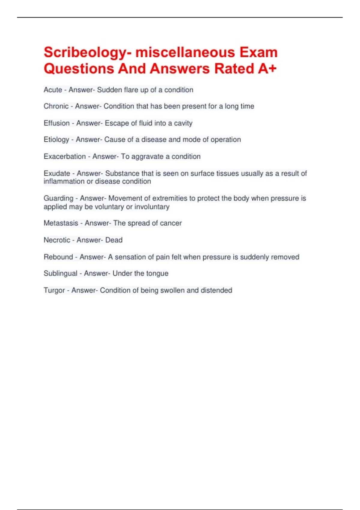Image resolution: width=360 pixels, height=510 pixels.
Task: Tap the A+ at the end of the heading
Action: click(x=267, y=69)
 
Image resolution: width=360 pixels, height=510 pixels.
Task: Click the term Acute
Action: click(x=53, y=90)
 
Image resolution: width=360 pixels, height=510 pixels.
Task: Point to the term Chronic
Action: click(x=56, y=106)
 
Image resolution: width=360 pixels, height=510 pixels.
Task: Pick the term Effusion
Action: click(x=56, y=123)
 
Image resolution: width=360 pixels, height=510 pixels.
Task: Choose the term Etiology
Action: click(x=56, y=140)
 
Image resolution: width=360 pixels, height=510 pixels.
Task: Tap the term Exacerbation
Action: click(x=64, y=157)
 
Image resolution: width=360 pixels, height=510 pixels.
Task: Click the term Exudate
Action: click(x=57, y=173)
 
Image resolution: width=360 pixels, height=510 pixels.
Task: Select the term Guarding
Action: click(x=58, y=198)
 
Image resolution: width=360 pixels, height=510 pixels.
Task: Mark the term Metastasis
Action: click(x=61, y=223)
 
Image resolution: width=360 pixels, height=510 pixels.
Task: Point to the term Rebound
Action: click(x=58, y=257)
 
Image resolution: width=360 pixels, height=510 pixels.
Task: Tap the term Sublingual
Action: click(x=60, y=274)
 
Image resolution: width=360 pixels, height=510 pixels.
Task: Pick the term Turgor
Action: click(x=54, y=290)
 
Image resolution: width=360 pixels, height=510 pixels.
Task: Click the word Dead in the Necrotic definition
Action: click(x=114, y=240)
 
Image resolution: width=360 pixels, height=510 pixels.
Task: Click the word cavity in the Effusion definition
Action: click(x=183, y=123)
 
